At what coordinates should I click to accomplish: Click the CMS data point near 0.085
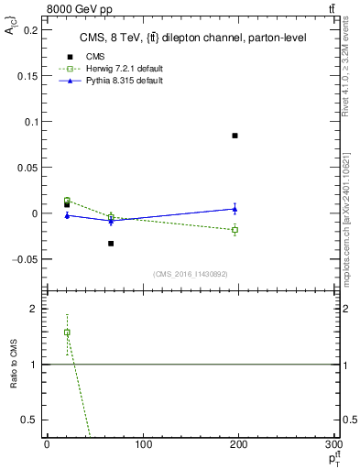tap(235, 136)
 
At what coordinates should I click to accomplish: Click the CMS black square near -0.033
tap(111, 244)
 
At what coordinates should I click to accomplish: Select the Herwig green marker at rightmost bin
tap(235, 229)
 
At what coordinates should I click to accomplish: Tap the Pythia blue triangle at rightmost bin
tap(235, 209)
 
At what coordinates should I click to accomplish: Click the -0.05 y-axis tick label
tap(27, 259)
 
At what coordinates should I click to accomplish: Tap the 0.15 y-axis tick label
tap(28, 76)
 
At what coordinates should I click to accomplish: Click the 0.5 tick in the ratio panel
tap(31, 420)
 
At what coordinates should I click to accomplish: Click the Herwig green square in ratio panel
tap(67, 333)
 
